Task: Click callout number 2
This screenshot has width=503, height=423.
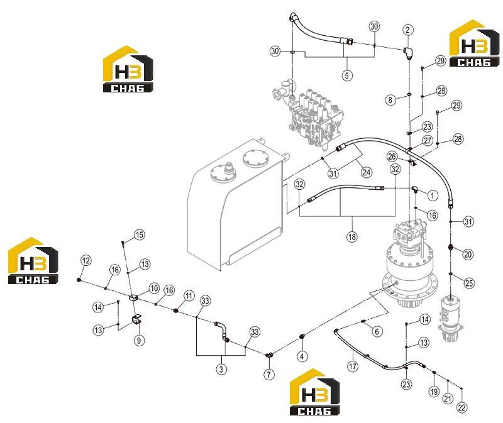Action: [x=407, y=30]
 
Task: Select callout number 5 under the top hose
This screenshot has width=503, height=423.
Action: [x=347, y=75]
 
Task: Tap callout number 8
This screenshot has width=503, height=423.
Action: [x=390, y=100]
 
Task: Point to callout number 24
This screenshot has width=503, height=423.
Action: [x=367, y=172]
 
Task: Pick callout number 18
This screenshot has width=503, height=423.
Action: [x=352, y=237]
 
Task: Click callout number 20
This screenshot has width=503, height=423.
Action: [x=468, y=255]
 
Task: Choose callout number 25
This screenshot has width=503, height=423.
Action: [x=469, y=283]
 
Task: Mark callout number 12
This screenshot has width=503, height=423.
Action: [x=86, y=260]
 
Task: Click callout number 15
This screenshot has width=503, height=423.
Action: [x=140, y=234]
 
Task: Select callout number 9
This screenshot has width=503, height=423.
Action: [x=139, y=340]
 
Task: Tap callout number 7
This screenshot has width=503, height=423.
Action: [x=269, y=374]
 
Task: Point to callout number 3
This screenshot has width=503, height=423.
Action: [x=221, y=369]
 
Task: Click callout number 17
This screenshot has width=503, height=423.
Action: [x=353, y=366]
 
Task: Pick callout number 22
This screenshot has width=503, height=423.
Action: [x=462, y=407]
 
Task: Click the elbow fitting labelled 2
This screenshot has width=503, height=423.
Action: [x=408, y=53]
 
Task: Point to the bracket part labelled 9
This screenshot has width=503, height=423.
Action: [x=137, y=319]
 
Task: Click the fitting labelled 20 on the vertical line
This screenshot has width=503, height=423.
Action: [x=451, y=247]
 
